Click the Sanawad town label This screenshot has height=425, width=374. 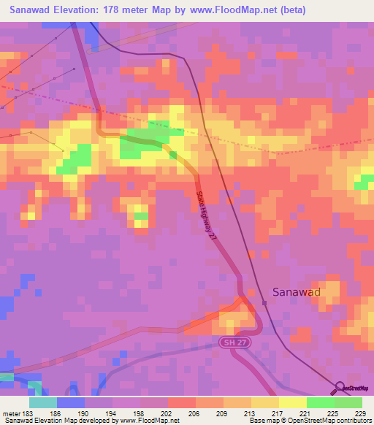(296, 291)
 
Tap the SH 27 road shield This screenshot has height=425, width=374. (231, 342)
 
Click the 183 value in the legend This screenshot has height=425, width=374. (28, 413)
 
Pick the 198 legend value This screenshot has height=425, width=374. (140, 413)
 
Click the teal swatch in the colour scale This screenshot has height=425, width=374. (42, 402)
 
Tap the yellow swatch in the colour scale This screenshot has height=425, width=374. (292, 402)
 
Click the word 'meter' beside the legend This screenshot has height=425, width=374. (10, 413)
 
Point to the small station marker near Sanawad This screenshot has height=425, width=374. (264, 302)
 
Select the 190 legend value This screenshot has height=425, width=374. (84, 413)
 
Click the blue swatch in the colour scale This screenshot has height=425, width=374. (70, 402)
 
